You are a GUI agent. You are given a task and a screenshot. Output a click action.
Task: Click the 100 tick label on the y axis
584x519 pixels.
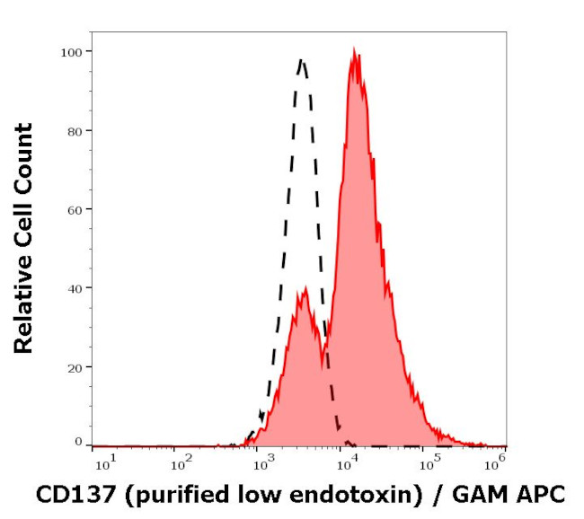(72, 52)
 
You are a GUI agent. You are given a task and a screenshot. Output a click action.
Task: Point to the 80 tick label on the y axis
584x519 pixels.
(75, 131)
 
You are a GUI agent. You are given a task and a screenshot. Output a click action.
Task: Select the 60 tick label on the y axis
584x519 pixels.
(75, 210)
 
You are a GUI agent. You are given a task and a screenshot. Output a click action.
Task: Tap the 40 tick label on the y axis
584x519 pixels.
(75, 288)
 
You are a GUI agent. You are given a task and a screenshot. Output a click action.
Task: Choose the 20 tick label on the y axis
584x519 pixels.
(75, 367)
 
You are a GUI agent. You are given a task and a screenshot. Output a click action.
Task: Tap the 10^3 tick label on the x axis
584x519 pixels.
(263, 462)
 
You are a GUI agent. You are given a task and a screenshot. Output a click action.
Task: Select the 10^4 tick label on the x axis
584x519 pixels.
(345, 462)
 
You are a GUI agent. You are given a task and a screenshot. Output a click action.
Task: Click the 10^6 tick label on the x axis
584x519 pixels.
(497, 462)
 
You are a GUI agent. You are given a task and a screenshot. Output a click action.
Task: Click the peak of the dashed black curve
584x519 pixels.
(302, 61)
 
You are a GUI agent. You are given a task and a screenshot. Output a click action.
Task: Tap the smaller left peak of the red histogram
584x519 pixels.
(305, 289)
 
